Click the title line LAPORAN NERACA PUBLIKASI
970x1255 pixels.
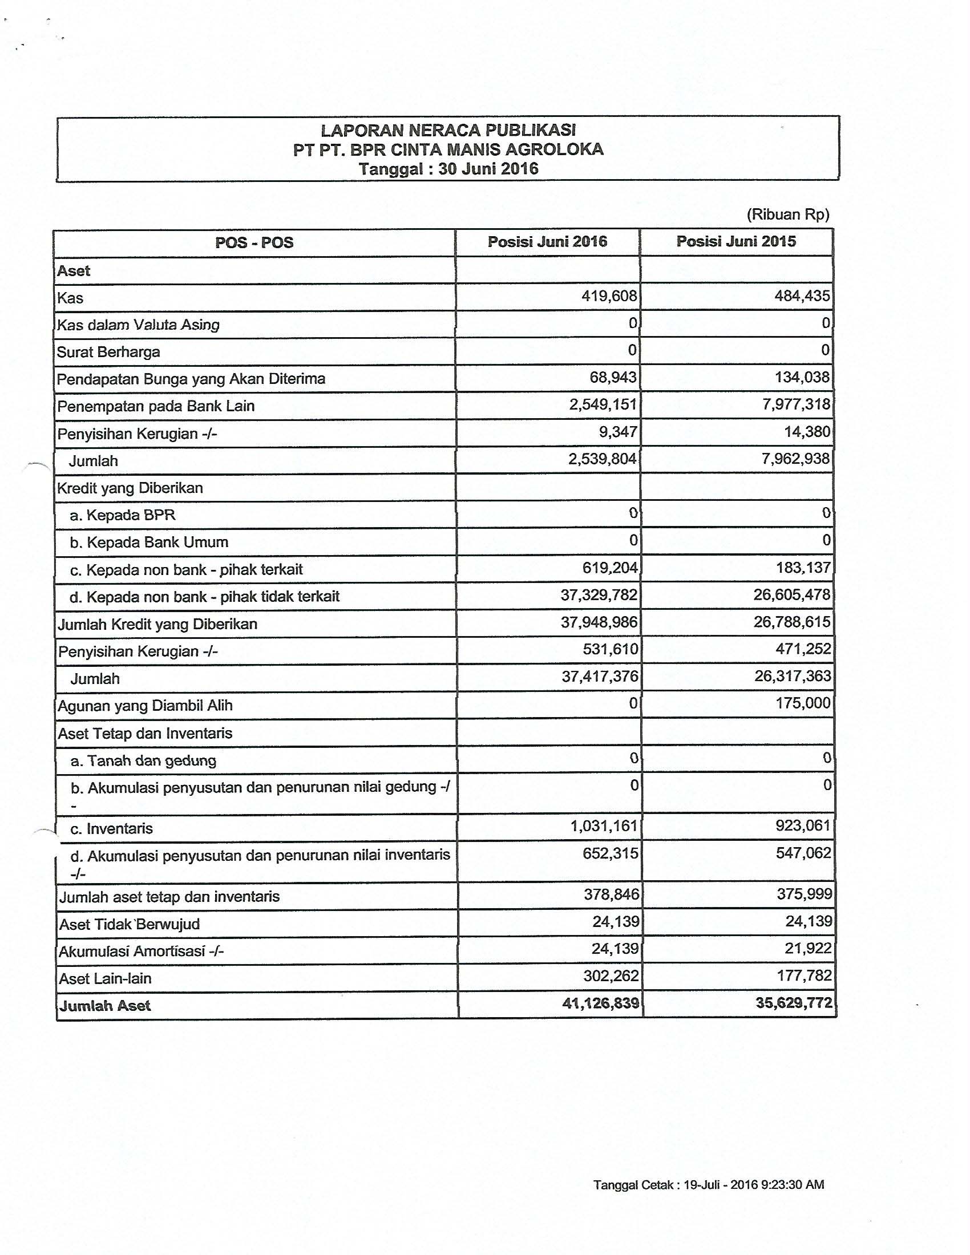click(x=448, y=130)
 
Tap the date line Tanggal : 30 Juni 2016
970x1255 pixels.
click(x=448, y=169)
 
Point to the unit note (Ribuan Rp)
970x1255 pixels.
click(x=788, y=215)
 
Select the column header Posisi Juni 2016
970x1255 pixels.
click(x=547, y=241)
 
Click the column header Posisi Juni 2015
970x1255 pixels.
click(x=736, y=241)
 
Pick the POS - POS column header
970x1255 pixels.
click(x=254, y=242)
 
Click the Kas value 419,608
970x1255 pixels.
click(x=609, y=296)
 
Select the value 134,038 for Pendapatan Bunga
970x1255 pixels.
click(x=802, y=377)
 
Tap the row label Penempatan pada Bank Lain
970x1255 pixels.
click(x=156, y=406)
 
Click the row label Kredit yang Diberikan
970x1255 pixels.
click(x=130, y=488)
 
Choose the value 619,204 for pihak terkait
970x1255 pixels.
click(x=609, y=568)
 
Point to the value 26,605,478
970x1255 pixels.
click(x=793, y=595)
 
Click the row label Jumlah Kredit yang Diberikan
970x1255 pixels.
click(x=157, y=624)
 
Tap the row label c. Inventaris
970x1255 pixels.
click(x=111, y=829)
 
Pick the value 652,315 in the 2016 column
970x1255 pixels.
click(x=611, y=853)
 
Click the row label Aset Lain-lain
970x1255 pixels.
click(x=105, y=978)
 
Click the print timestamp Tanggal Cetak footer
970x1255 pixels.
click(x=709, y=1185)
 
